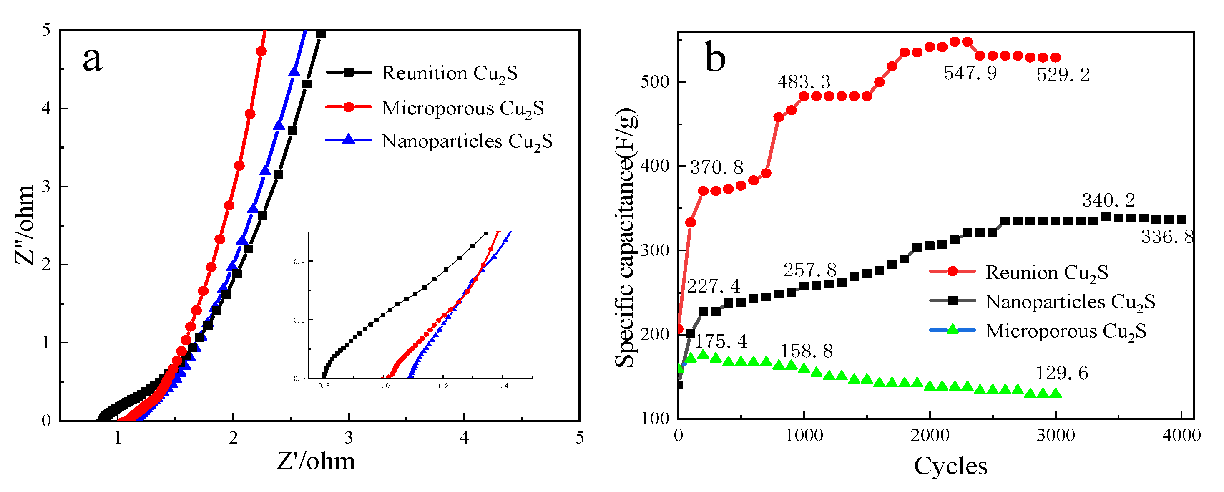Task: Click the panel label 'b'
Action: coord(715,57)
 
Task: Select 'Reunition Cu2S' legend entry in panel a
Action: coord(449,73)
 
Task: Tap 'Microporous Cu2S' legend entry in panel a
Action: coord(462,108)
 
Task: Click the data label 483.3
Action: coord(804,82)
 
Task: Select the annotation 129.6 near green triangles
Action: coord(1061,373)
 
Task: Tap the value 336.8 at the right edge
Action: coord(1167,237)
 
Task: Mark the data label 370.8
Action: coord(716,167)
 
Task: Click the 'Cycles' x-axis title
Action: coord(950,466)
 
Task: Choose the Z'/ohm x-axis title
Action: coord(316,461)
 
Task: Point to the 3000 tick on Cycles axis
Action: coord(1056,435)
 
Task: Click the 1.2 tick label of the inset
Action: coord(443,386)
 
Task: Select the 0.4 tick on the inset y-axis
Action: coord(299,262)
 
